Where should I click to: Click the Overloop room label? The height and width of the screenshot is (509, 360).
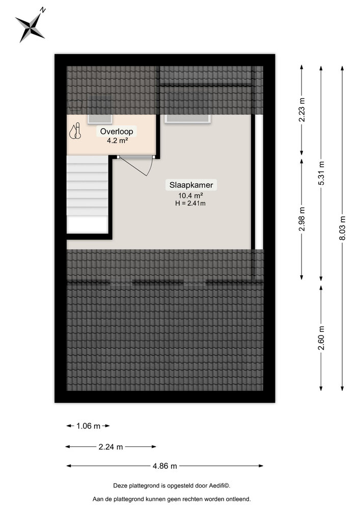(x=117, y=131)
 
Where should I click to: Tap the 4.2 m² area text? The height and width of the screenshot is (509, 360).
(x=117, y=140)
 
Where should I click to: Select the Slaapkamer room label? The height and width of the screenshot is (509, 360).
(x=191, y=185)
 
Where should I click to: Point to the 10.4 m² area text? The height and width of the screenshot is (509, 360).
(x=190, y=195)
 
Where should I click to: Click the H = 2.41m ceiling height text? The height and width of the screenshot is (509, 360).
(x=190, y=204)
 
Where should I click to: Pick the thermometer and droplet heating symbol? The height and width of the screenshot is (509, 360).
(x=75, y=131)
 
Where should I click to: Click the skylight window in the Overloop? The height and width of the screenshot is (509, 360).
(x=100, y=119)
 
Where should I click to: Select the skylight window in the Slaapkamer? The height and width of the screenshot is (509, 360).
(x=187, y=119)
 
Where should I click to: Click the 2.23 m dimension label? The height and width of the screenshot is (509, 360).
(x=302, y=110)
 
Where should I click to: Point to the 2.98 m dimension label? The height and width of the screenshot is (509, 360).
(x=302, y=219)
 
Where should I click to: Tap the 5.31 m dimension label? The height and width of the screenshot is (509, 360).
(x=321, y=174)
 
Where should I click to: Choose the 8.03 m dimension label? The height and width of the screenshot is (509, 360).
(x=343, y=228)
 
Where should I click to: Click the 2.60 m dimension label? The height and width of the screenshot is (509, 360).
(x=321, y=338)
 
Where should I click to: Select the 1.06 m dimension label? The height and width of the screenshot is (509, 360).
(x=88, y=426)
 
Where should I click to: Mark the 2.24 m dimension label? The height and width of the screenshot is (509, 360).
(x=110, y=447)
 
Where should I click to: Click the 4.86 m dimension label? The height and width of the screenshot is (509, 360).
(x=165, y=466)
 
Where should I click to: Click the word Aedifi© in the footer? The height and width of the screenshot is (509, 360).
(x=219, y=486)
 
